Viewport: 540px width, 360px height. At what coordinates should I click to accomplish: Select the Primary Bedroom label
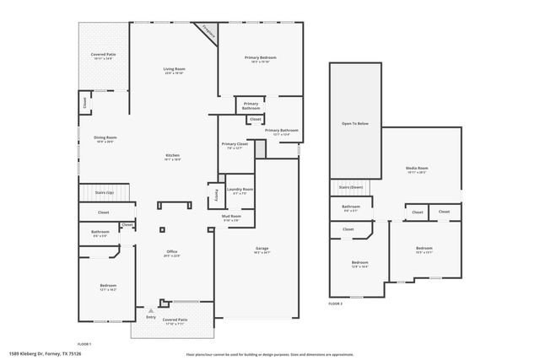click(261, 57)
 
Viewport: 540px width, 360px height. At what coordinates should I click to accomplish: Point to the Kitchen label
click(172, 155)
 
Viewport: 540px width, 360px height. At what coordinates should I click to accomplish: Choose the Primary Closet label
click(235, 144)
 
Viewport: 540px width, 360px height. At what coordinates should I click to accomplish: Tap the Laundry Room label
click(242, 190)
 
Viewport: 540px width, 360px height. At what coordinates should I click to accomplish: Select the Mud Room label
click(231, 217)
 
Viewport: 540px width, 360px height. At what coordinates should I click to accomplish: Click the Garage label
click(262, 249)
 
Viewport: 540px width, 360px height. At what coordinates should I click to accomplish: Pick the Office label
click(171, 252)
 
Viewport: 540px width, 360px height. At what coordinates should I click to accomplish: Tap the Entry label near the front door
click(151, 317)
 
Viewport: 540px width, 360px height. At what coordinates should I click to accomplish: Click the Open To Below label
click(354, 123)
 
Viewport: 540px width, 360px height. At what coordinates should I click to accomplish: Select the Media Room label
click(417, 169)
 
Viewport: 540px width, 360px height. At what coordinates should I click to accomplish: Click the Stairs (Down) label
click(351, 187)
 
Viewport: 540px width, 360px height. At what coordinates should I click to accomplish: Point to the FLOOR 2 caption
click(336, 303)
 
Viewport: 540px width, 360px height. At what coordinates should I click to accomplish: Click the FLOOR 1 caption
click(84, 344)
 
